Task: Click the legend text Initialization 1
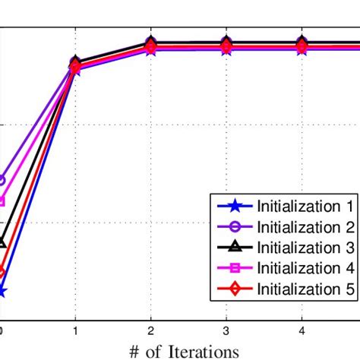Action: click(x=305, y=206)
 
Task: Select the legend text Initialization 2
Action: click(x=305, y=226)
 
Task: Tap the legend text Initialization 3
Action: click(x=305, y=247)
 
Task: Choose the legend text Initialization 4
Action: click(x=305, y=267)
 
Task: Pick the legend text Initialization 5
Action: click(x=305, y=288)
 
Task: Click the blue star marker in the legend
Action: click(x=234, y=206)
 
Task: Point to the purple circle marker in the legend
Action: click(x=234, y=226)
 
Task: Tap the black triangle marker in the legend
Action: click(x=234, y=247)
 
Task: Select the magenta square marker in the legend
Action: click(x=234, y=267)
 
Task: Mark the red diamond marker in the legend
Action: click(x=234, y=288)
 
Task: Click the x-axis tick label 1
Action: click(x=75, y=330)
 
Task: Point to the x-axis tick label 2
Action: click(x=150, y=330)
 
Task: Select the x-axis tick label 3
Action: click(x=226, y=330)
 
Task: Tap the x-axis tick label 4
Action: click(x=302, y=330)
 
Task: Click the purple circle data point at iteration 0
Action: click(x=2, y=181)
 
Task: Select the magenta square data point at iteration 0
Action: click(x=2, y=201)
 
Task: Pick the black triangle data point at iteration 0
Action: click(x=2, y=242)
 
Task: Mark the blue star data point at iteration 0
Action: click(x=2, y=291)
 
